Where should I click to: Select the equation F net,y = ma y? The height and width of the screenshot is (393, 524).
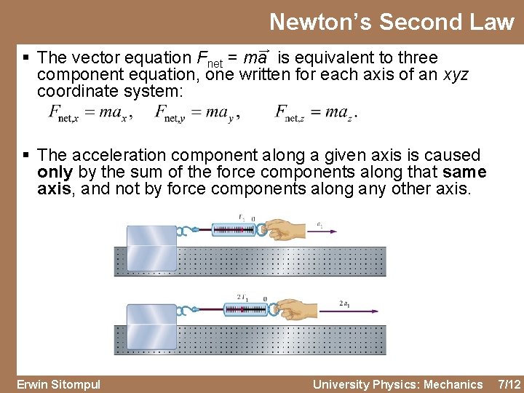tap(197, 112)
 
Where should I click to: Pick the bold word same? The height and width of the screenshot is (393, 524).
tap(464, 172)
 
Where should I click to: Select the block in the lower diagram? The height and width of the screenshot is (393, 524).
tap(151, 325)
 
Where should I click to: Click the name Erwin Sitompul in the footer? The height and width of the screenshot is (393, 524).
tap(59, 384)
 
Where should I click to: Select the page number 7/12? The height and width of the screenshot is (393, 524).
tap(507, 384)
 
